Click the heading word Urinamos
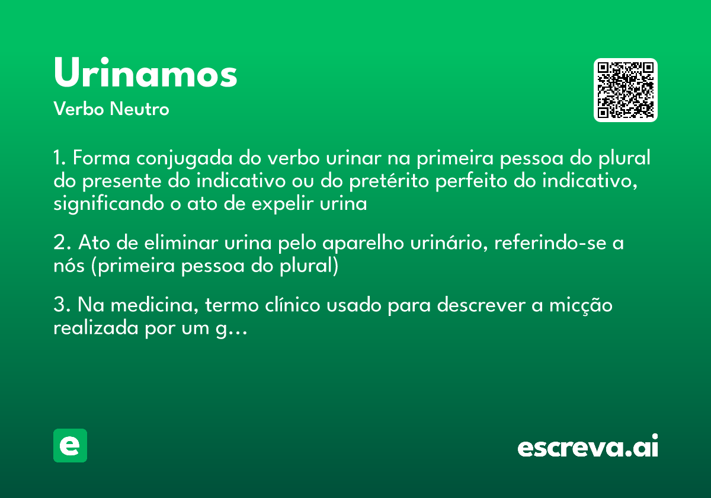pyautogui.click(x=145, y=74)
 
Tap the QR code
pyautogui.click(x=626, y=90)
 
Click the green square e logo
pyautogui.click(x=70, y=445)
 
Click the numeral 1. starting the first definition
pyautogui.click(x=60, y=159)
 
